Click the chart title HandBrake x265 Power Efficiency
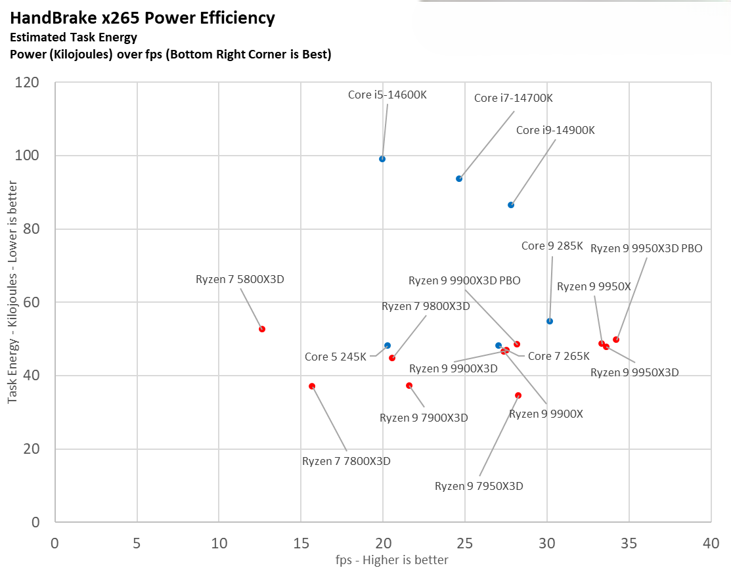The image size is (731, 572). (x=143, y=18)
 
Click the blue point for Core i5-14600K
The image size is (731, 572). (x=382, y=159)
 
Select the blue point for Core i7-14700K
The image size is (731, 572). (x=459, y=179)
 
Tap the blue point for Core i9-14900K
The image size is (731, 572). (x=511, y=205)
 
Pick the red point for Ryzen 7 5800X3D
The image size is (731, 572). (x=262, y=329)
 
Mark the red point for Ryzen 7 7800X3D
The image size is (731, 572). (x=312, y=386)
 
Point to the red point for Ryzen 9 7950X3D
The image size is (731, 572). (x=518, y=395)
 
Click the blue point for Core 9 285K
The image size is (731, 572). (x=550, y=321)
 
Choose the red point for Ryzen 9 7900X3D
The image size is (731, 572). (x=409, y=385)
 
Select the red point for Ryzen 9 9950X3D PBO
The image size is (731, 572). (x=616, y=340)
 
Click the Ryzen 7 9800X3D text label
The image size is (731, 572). (x=426, y=306)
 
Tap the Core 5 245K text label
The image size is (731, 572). (x=335, y=357)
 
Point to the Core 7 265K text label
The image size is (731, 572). (x=559, y=356)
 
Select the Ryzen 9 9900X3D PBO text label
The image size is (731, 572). (x=464, y=280)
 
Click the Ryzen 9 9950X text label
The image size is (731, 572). (x=594, y=286)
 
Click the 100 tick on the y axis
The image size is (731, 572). (x=30, y=156)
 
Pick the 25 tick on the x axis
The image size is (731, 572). (x=465, y=544)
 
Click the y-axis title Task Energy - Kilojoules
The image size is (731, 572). (x=12, y=302)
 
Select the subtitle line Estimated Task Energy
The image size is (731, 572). (x=74, y=37)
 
